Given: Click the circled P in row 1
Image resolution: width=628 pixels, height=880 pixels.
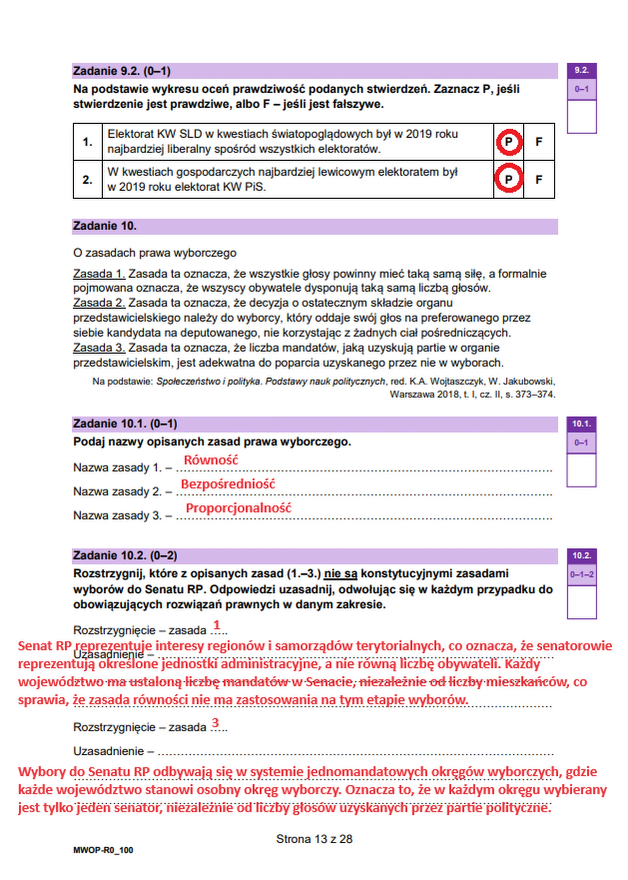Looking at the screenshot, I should [509, 142].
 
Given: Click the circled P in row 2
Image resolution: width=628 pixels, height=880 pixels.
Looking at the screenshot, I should [509, 179].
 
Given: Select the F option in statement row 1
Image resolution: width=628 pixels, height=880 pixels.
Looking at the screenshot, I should [539, 142].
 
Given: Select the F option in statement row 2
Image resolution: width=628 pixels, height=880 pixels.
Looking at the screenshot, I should [539, 179].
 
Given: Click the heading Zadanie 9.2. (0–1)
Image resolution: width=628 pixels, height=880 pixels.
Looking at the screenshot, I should [122, 71].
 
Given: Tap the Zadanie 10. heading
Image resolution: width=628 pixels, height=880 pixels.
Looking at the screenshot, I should [105, 226].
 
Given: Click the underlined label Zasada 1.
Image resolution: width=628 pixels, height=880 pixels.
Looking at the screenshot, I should [99, 274].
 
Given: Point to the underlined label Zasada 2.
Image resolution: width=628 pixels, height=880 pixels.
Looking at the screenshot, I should [99, 302].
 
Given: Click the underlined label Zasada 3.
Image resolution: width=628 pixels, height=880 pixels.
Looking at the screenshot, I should [99, 348].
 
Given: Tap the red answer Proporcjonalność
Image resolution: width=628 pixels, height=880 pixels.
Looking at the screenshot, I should [238, 508].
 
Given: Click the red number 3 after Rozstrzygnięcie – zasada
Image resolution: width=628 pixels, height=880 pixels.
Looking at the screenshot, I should [216, 722].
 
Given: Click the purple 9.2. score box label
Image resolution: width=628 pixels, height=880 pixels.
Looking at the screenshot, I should [581, 70].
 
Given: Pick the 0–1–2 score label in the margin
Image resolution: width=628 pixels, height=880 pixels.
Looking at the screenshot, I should [581, 574].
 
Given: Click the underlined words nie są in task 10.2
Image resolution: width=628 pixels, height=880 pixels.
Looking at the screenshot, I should [340, 574].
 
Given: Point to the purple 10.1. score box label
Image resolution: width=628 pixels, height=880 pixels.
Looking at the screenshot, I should [581, 424].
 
